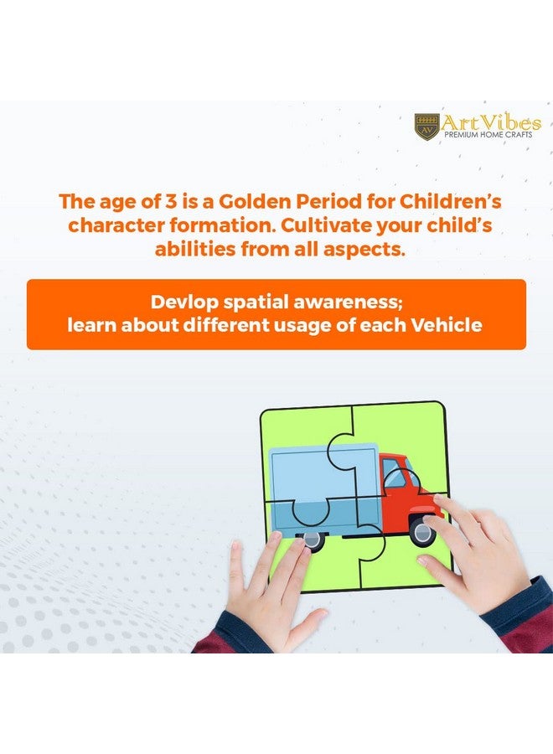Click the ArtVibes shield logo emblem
[x=427, y=127]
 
